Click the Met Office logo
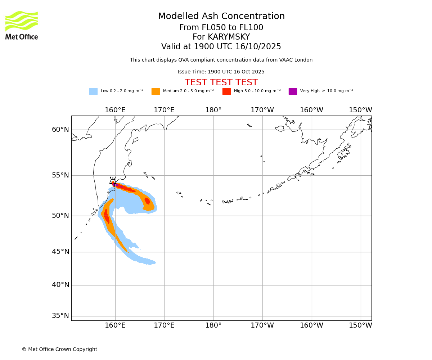pyautogui.click(x=22, y=25)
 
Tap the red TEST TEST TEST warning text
pyautogui.click(x=221, y=83)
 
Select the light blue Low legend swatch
pyautogui.click(x=93, y=91)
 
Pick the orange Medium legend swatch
pyautogui.click(x=156, y=91)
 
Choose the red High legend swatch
pyautogui.click(x=226, y=91)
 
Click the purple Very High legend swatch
pyautogui.click(x=293, y=91)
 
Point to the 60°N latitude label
pyautogui.click(x=60, y=130)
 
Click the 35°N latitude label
pyautogui.click(x=60, y=316)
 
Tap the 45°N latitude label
pyautogui.click(x=60, y=252)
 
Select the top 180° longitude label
pyautogui.click(x=213, y=110)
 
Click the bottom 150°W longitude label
pyautogui.click(x=360, y=325)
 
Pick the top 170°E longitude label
pyautogui.click(x=164, y=110)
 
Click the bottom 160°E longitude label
pyautogui.click(x=115, y=325)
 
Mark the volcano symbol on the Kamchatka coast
pyautogui.click(x=113, y=181)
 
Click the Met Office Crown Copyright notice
pyautogui.click(x=59, y=349)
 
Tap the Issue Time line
pyautogui.click(x=221, y=72)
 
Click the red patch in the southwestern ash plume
pyautogui.click(x=107, y=217)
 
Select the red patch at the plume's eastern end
pyautogui.click(x=147, y=201)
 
